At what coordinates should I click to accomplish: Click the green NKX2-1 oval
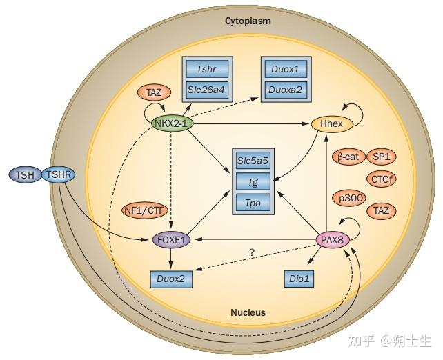[x=173, y=123]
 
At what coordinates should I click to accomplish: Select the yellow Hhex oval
[x=332, y=123]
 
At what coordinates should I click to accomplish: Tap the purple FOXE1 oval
[x=172, y=240]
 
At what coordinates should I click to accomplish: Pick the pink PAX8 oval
[x=333, y=240]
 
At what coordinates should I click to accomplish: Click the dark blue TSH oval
[x=26, y=174]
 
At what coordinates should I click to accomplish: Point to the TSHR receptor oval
[x=59, y=174]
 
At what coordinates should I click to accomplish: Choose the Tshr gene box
[x=207, y=69]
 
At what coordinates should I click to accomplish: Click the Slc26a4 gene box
[x=207, y=90]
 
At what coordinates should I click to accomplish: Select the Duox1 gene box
[x=286, y=69]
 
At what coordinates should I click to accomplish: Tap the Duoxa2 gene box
[x=286, y=90]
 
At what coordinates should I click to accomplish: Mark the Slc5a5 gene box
[x=253, y=161]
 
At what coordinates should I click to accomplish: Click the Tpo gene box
[x=253, y=203]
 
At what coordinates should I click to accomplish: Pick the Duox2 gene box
[x=172, y=279]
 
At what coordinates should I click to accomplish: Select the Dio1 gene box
[x=299, y=279]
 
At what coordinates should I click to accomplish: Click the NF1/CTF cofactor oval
[x=145, y=210]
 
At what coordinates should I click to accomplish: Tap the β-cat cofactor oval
[x=348, y=157]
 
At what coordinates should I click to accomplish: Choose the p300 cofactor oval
[x=348, y=199]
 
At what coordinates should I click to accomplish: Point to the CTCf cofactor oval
[x=382, y=179]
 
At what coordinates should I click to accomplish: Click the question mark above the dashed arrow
[x=252, y=252]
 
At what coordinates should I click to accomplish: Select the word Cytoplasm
[x=248, y=21]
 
